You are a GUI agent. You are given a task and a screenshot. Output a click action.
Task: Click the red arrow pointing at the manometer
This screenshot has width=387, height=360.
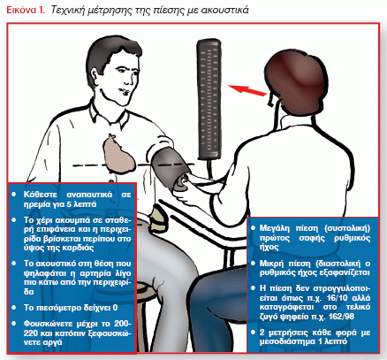click(247, 90)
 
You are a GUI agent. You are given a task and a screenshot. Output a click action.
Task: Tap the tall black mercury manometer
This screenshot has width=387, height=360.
click(209, 100)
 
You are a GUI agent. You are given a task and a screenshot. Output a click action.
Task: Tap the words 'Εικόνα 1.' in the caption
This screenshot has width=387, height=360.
click(26, 11)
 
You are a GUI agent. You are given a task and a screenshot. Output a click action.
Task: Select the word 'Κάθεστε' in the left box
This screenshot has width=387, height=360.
click(41, 195)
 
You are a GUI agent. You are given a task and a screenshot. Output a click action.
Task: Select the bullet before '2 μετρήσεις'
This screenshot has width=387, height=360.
click(253, 333)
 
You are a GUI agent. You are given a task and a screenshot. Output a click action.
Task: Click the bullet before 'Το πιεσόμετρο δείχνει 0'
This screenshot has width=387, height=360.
click(13, 308)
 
